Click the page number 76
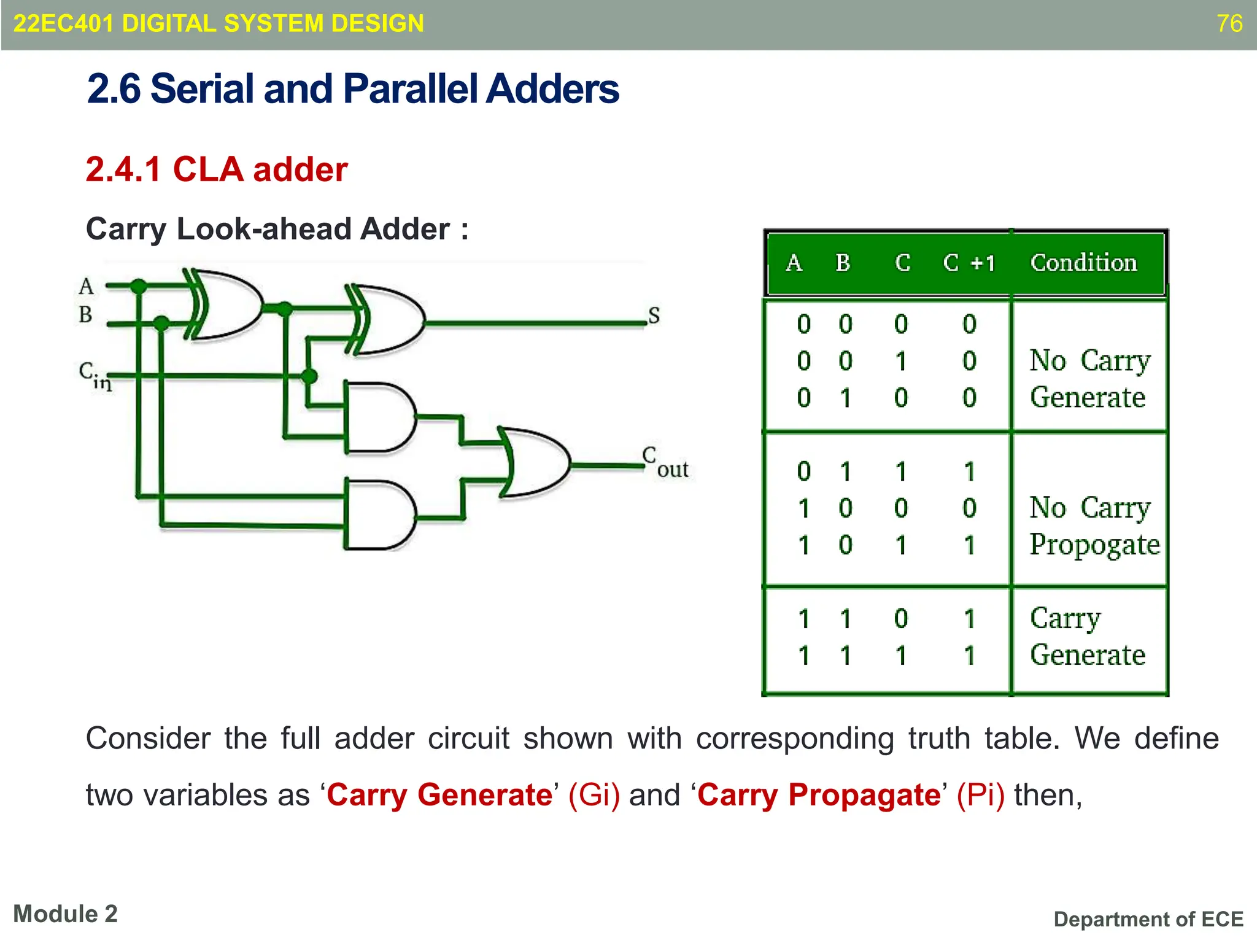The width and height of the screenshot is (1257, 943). coord(1229,23)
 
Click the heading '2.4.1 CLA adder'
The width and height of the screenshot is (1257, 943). coord(217,169)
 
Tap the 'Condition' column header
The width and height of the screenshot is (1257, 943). coord(1083,263)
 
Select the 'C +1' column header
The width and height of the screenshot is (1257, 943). coord(969,263)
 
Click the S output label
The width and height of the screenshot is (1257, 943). coord(654,316)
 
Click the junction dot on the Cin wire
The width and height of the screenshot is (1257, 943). coord(309,376)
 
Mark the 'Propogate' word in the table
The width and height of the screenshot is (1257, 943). coord(1094,545)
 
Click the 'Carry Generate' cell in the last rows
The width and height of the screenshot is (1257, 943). coord(1087,637)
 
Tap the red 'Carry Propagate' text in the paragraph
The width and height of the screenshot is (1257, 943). coord(819,795)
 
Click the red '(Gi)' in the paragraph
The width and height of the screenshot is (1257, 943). coord(594,795)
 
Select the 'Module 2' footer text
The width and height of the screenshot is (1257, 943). coord(65,914)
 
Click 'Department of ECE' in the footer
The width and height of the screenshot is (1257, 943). coord(1148,919)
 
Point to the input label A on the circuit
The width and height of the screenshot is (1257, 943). coord(86,286)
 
